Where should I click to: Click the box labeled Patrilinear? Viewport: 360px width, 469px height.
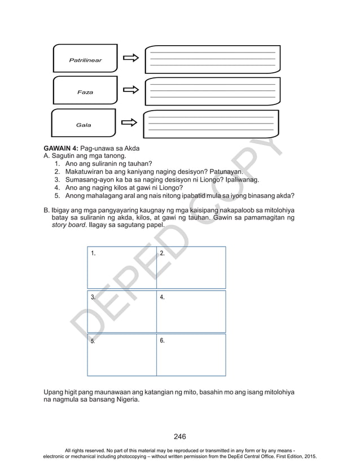(85, 60)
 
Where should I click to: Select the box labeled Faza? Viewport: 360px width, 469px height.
(85, 91)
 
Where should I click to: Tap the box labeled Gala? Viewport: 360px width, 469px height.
(84, 124)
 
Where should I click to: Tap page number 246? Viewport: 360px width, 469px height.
(180, 436)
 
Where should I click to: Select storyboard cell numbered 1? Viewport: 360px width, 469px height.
(122, 268)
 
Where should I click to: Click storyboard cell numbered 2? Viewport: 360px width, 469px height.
(191, 268)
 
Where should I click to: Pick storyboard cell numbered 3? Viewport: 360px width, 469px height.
(122, 312)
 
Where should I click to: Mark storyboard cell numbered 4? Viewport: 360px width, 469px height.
(191, 312)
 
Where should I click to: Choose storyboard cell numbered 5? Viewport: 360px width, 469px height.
(122, 355)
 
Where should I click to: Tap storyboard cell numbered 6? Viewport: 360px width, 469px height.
(191, 355)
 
